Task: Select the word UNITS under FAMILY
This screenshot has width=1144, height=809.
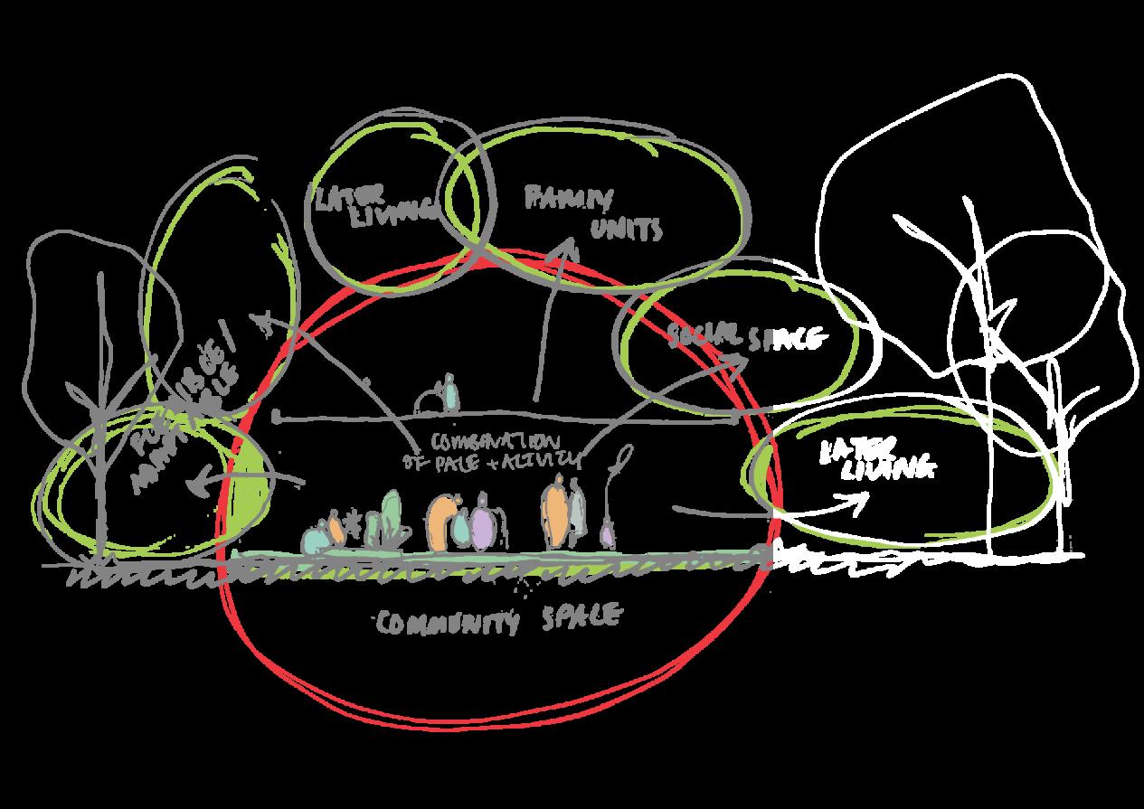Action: [x=627, y=230]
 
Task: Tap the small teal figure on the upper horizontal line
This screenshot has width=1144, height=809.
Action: [x=449, y=393]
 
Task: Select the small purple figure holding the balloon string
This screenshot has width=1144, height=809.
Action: [x=608, y=533]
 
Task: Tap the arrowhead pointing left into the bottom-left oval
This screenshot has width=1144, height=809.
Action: [x=198, y=486]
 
